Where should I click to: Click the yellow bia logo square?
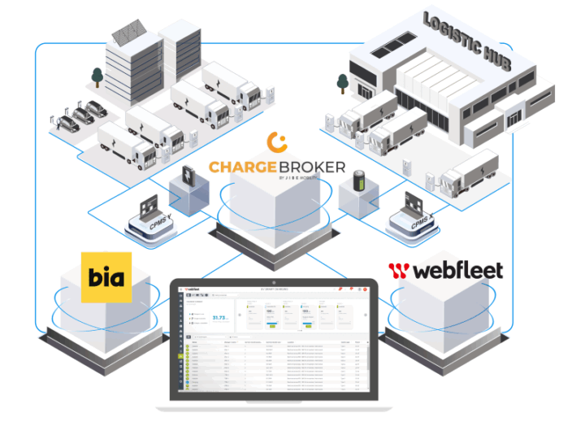click(x=106, y=277)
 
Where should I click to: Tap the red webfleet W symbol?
click(x=398, y=270)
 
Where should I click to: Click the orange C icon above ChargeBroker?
click(x=277, y=142)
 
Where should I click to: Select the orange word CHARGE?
click(x=245, y=167)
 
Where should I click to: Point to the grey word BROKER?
click(x=313, y=167)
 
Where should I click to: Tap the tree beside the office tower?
click(x=97, y=76)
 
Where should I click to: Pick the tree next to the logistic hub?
click(x=342, y=82)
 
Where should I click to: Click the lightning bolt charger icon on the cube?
click(x=188, y=176)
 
